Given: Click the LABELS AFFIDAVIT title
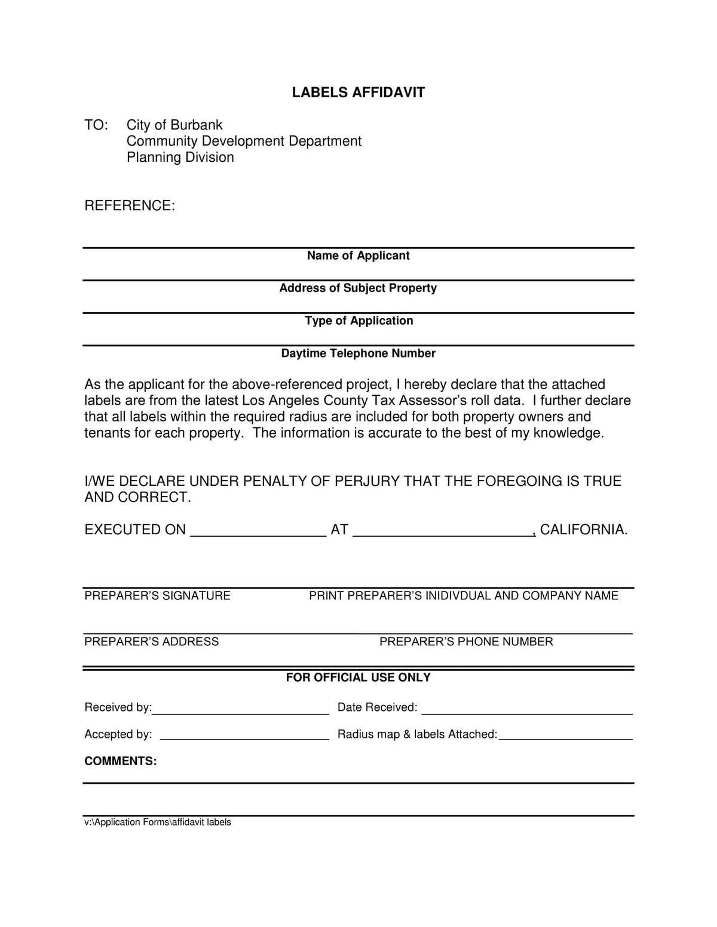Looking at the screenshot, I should click(358, 93).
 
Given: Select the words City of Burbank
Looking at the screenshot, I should click(174, 125).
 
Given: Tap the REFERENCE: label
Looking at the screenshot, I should click(130, 206).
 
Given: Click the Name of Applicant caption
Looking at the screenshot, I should click(358, 256).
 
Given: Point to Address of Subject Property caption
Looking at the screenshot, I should click(358, 288).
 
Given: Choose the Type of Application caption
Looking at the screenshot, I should click(358, 321).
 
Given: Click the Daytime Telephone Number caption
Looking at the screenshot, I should click(358, 354).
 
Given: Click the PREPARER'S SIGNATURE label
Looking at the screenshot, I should click(157, 596).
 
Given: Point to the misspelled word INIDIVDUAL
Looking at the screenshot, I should click(458, 596).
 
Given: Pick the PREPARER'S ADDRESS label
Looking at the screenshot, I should click(151, 642).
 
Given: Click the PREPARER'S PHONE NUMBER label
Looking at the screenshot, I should click(466, 642).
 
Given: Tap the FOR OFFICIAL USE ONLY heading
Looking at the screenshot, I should click(358, 677).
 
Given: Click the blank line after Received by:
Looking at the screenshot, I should click(240, 712).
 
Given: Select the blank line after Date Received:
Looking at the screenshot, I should click(527, 712).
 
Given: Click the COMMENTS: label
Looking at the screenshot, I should click(120, 761).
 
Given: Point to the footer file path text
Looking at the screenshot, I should click(158, 823).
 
